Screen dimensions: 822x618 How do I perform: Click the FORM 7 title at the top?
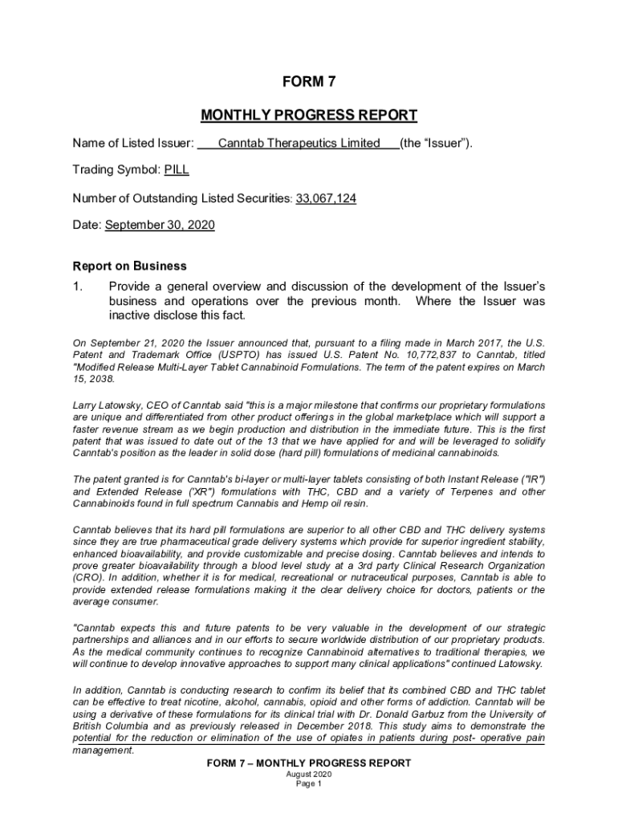coord(309,82)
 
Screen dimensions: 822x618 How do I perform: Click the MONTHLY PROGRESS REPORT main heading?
coord(309,115)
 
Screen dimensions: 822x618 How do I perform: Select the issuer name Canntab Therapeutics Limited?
coord(299,143)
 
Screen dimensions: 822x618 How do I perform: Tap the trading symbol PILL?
coord(177,170)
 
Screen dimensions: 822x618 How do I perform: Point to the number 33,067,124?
coord(326,197)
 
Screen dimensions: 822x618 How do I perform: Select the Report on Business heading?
coord(129,266)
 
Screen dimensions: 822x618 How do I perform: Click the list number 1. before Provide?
coord(77,287)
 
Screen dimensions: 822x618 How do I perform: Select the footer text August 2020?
coord(309,774)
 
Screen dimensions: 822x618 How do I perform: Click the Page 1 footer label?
coord(309,784)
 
